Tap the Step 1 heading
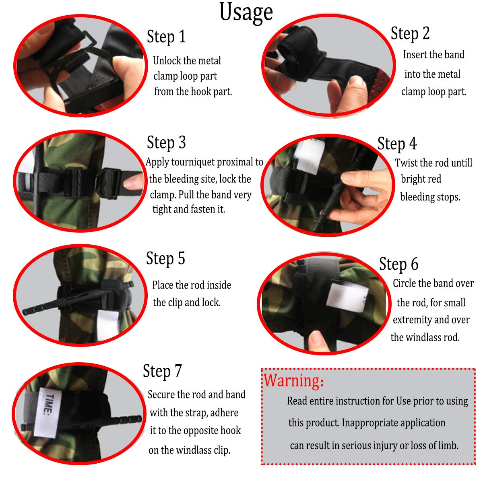coord(166,37)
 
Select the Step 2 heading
coord(410,34)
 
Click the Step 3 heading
coord(166,142)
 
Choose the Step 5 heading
coord(165,258)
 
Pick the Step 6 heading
coord(398,264)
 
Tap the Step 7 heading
coord(162,371)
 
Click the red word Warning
coord(293,380)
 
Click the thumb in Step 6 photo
coord(320,341)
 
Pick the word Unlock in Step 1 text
coord(167,61)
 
